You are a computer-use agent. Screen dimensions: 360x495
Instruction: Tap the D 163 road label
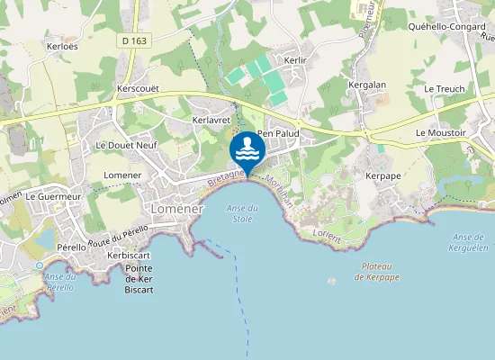coord(133,66)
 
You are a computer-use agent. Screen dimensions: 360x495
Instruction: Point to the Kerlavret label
coord(212,119)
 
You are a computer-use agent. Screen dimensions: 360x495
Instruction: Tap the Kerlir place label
coord(296,58)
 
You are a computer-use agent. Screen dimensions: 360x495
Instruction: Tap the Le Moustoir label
coord(440,132)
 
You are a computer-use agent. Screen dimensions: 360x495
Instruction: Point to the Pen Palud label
coord(278,133)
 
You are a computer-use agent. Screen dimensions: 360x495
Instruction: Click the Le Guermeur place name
coord(55,195)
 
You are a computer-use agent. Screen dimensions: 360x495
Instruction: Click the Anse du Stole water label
coord(242,213)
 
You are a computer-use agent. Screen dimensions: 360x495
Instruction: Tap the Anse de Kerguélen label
coord(467,242)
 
